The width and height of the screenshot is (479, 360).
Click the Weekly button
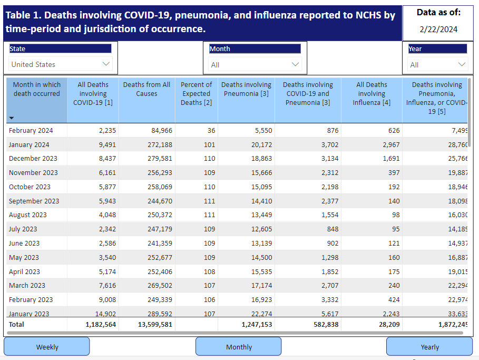(47, 346)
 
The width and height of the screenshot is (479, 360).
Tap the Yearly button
(429, 346)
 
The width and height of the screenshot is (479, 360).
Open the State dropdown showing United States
(61, 64)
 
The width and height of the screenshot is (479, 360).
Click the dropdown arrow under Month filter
(295, 64)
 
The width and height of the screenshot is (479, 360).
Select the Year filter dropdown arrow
(462, 64)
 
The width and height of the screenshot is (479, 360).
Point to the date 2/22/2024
(438, 30)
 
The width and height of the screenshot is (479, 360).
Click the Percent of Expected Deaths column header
(196, 93)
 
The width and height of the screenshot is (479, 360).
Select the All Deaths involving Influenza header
(372, 93)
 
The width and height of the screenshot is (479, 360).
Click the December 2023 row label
(33, 158)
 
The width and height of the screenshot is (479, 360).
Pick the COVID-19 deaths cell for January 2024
(107, 144)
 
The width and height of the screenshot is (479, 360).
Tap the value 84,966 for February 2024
(162, 131)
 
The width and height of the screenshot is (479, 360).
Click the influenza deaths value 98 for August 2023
(396, 215)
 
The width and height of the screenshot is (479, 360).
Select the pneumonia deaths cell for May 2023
(261, 257)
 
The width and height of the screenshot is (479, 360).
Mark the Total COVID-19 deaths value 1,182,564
(101, 324)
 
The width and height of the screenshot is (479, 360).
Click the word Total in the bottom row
(16, 324)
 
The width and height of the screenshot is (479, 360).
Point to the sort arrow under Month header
(12, 118)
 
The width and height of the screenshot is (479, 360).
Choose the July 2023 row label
(23, 229)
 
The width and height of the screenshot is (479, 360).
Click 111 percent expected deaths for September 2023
(209, 201)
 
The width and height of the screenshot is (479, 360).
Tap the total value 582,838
(326, 324)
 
